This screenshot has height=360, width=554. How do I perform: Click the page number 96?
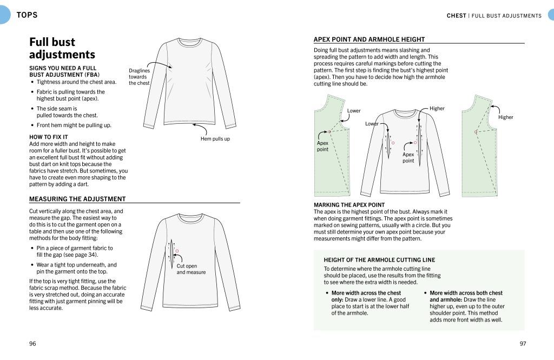tap(33, 344)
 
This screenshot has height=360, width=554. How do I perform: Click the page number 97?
tap(523, 344)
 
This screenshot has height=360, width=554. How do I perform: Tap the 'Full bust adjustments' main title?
tap(62, 48)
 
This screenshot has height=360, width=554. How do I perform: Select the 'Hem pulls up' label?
tap(215, 139)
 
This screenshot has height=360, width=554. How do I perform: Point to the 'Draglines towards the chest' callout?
tap(139, 77)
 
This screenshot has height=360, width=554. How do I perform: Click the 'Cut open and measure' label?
tap(191, 269)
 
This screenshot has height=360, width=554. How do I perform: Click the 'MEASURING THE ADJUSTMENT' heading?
tap(77, 199)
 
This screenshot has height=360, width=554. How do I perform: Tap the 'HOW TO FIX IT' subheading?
tap(48, 137)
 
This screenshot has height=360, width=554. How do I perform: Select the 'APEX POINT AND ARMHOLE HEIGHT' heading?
tap(369, 39)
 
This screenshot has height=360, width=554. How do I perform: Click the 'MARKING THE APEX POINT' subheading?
tap(349, 205)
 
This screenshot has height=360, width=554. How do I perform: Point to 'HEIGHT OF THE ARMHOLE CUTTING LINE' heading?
tap(379, 260)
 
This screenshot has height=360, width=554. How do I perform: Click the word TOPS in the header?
tap(27, 15)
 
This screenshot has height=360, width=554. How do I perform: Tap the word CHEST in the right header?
tap(456, 16)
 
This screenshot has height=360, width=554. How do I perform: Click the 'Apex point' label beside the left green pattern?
tap(322, 146)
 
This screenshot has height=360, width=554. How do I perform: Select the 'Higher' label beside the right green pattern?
tap(505, 117)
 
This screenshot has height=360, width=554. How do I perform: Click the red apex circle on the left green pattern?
tap(329, 131)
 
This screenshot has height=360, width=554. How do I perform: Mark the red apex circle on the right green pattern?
tap(476, 132)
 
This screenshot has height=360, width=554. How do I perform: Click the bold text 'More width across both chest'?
tap(466, 293)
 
